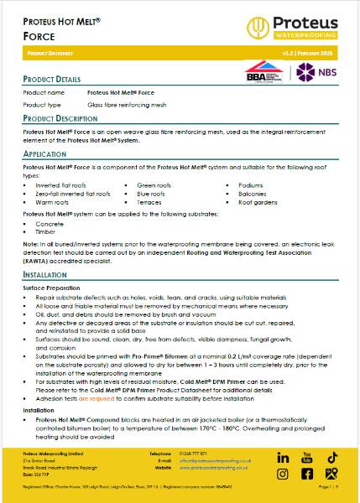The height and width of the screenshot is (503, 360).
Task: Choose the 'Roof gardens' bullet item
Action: (x=257, y=202)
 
